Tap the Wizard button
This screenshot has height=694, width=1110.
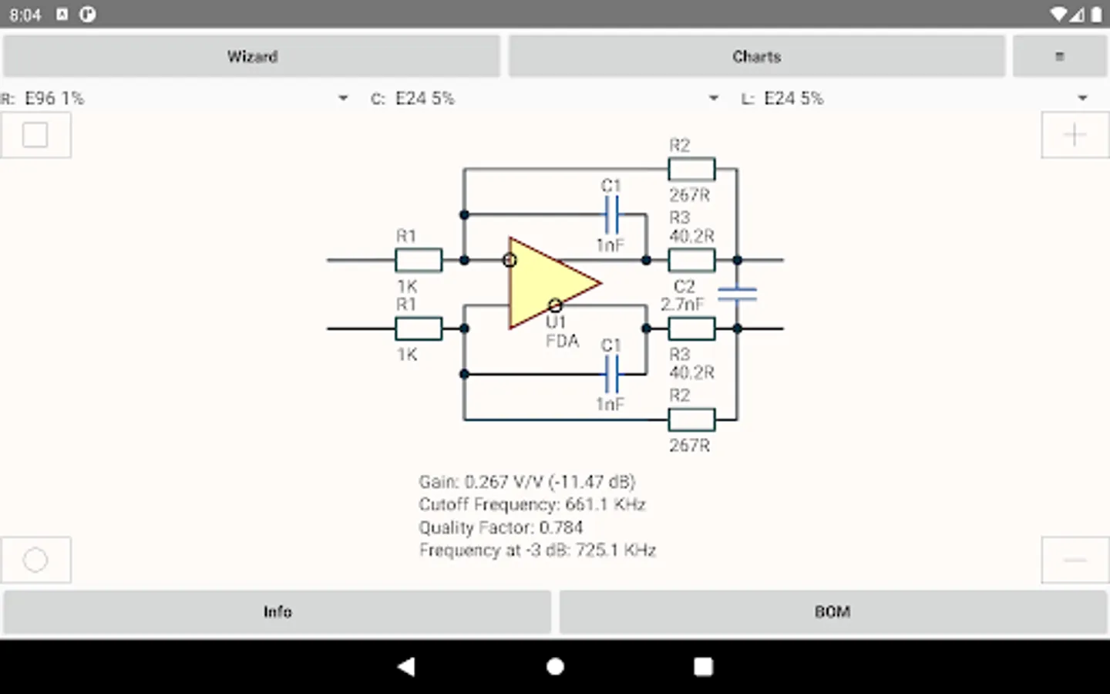[x=252, y=56]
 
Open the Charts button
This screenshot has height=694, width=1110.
[x=756, y=56]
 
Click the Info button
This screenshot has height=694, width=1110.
[x=277, y=611]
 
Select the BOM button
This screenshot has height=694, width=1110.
[x=832, y=611]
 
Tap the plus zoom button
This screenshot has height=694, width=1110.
[x=1075, y=135]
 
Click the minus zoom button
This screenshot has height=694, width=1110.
[x=1075, y=560]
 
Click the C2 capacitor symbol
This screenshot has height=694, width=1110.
[x=737, y=294]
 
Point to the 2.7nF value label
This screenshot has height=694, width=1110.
[x=682, y=305]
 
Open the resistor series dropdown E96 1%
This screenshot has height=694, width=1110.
[x=185, y=98]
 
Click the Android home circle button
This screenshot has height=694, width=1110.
[x=555, y=667]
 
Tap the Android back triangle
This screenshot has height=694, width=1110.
[x=406, y=667]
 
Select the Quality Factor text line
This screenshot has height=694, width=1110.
[x=501, y=527]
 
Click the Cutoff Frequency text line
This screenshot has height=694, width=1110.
[x=532, y=504]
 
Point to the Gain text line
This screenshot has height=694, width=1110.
[x=526, y=482]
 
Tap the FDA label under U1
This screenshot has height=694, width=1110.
[x=562, y=341]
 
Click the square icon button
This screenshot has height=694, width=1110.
[x=35, y=135]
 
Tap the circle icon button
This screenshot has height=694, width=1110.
[x=35, y=560]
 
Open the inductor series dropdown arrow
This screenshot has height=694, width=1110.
[x=1082, y=98]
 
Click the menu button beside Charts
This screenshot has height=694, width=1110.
[x=1060, y=56]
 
